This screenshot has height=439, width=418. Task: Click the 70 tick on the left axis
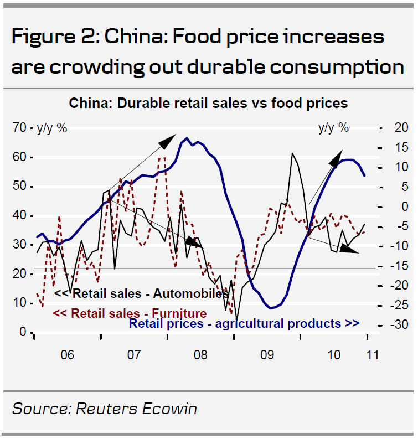[20, 128]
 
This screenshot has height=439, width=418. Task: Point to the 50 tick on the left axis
[20, 187]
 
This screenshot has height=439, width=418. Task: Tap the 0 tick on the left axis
[23, 332]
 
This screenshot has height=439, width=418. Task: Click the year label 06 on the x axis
[67, 354]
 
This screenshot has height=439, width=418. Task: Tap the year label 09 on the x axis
[267, 354]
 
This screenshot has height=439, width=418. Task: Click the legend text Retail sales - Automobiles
[142, 293]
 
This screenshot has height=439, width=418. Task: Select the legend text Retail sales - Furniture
[130, 313]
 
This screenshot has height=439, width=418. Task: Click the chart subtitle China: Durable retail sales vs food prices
[208, 103]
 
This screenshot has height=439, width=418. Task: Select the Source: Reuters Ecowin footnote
[104, 409]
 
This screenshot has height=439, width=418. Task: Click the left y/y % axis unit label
[52, 128]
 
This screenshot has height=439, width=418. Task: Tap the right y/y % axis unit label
[333, 128]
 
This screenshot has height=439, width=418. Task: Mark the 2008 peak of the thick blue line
[187, 138]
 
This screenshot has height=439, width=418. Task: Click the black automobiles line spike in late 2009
[292, 153]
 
